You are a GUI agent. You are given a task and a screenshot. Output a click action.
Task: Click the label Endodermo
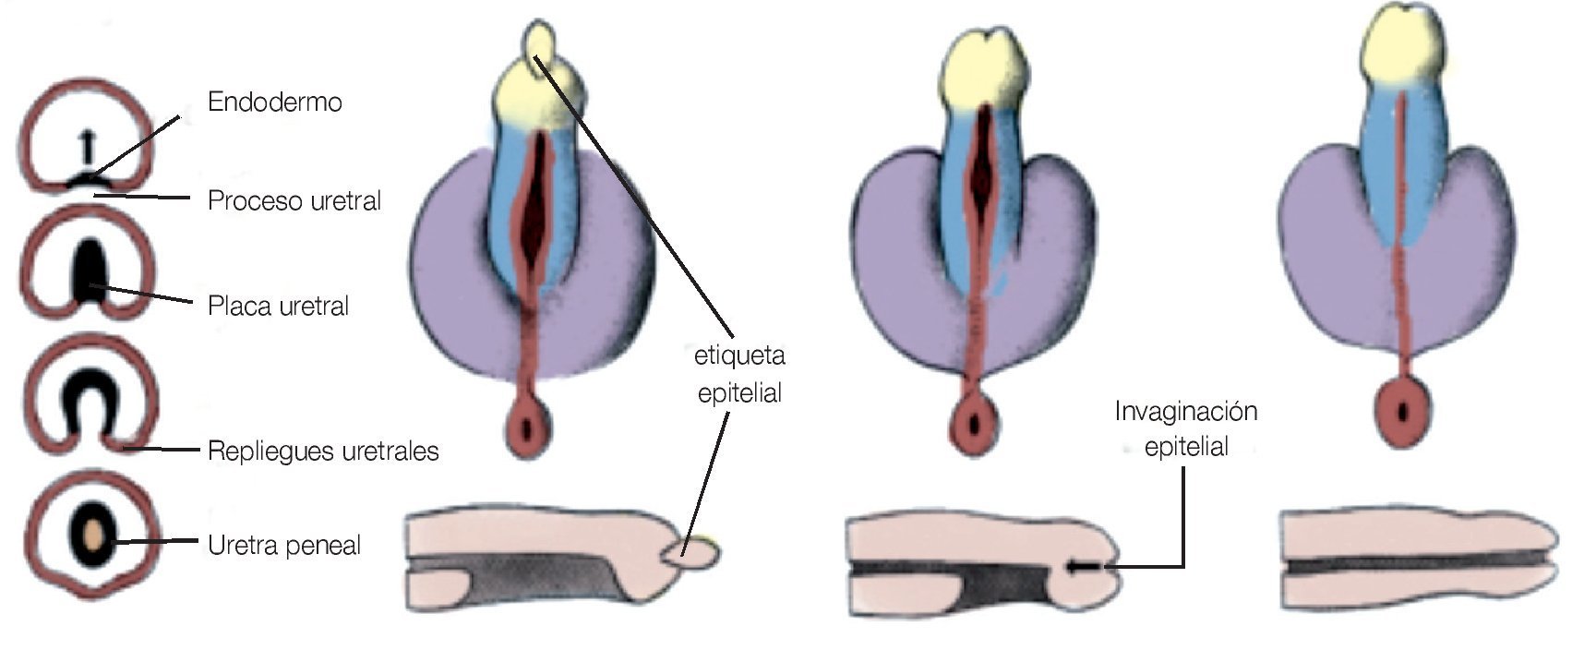coord(274,102)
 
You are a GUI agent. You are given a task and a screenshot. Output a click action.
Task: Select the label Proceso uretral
coord(294,201)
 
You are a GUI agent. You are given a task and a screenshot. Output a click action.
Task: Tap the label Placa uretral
coord(278,306)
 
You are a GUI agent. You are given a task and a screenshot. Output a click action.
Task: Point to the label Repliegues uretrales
coord(322,451)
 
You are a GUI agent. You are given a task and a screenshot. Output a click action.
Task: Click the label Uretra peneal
coord(283,545)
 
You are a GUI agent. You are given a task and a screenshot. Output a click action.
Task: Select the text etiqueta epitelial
coord(738,374)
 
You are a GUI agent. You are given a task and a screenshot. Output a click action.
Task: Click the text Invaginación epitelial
coord(1185,428)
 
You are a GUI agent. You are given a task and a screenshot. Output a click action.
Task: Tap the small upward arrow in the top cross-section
coord(87,147)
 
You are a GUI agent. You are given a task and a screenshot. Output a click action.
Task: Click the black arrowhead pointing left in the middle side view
coord(1071,567)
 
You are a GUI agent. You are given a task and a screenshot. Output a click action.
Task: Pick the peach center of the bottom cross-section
coord(93,536)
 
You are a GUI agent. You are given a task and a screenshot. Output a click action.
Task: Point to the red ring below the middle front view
coord(972,424)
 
